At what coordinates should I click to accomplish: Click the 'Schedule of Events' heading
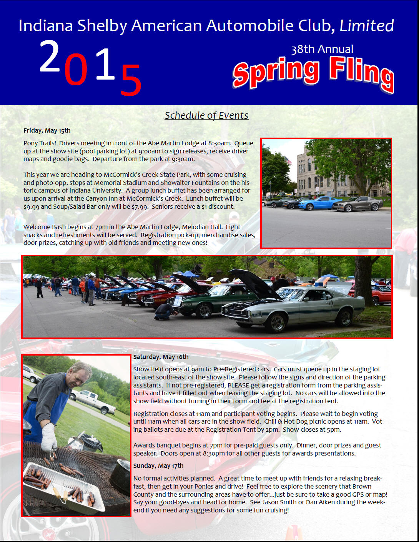206,115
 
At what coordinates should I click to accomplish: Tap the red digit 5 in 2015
131,80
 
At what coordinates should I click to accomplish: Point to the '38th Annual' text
322,49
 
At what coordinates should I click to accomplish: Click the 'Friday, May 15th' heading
47,131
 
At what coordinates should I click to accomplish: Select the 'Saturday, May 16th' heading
161,357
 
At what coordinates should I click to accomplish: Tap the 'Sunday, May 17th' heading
158,466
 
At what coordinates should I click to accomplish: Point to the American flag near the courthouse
288,160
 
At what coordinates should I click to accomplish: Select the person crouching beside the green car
165,312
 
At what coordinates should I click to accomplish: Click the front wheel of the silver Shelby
277,322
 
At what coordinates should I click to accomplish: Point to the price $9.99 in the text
31,207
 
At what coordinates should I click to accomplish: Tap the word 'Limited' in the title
367,26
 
